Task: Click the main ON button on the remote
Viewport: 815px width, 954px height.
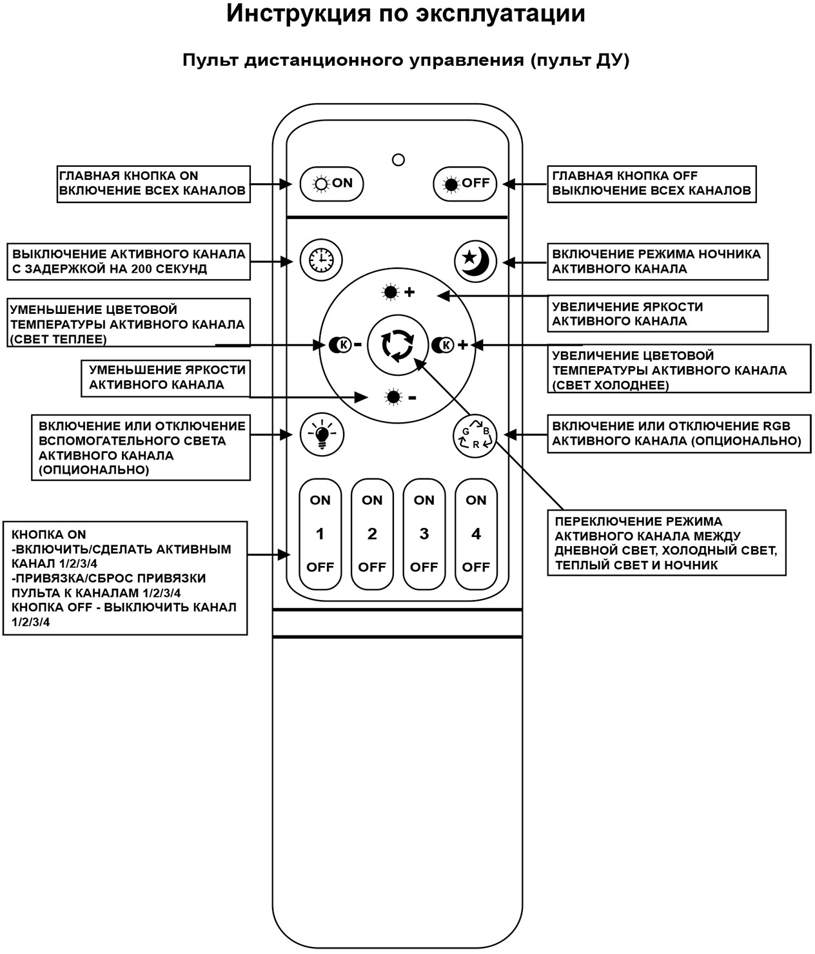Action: click(x=332, y=184)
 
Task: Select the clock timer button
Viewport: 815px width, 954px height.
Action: click(x=321, y=260)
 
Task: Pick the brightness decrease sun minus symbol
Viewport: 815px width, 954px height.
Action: click(x=400, y=397)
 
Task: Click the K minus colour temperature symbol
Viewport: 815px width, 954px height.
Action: click(x=345, y=345)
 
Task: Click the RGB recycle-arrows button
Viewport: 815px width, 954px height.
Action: click(x=475, y=436)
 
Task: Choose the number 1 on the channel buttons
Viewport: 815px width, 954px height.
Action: click(x=320, y=534)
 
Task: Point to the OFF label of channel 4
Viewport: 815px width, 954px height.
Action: click(x=476, y=567)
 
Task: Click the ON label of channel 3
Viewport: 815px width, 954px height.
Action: click(x=424, y=500)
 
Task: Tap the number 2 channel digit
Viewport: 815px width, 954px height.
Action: click(x=372, y=534)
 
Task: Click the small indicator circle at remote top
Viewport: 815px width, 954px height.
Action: click(x=398, y=159)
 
